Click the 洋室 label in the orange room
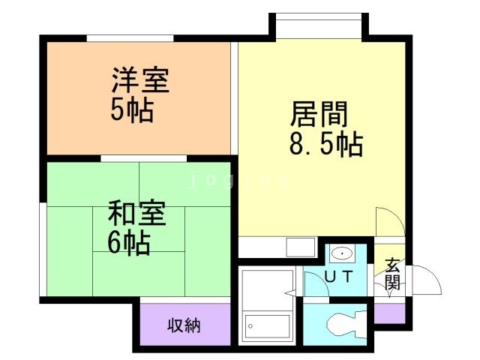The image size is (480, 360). click(140, 80)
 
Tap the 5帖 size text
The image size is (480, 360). click(132, 110)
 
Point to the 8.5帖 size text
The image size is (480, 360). click(325, 143)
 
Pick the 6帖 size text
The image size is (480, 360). click(127, 243)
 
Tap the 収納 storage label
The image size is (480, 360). click(183, 326)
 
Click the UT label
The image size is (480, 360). click(338, 277)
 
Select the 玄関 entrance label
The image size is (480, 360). click(392, 274)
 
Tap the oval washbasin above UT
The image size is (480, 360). click(342, 253)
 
